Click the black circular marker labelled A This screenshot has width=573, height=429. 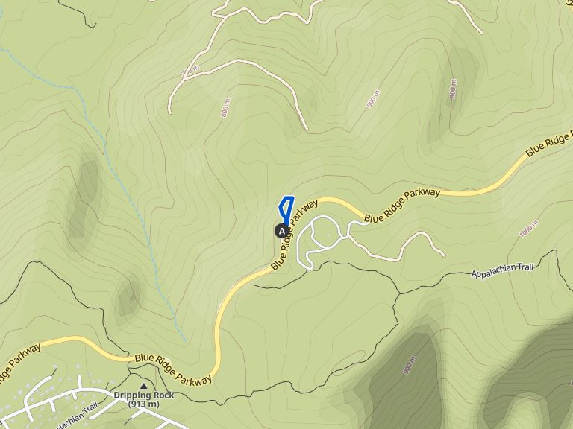[x=281, y=231]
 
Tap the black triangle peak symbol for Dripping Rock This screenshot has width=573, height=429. [x=144, y=386]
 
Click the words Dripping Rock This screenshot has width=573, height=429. [x=144, y=395]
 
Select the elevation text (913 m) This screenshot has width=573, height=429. [x=144, y=404]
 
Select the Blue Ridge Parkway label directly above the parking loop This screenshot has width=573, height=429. [x=403, y=204]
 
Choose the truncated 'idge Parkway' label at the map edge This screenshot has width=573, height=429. [x=16, y=365]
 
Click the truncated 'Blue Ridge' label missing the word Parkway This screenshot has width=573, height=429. [x=550, y=142]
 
